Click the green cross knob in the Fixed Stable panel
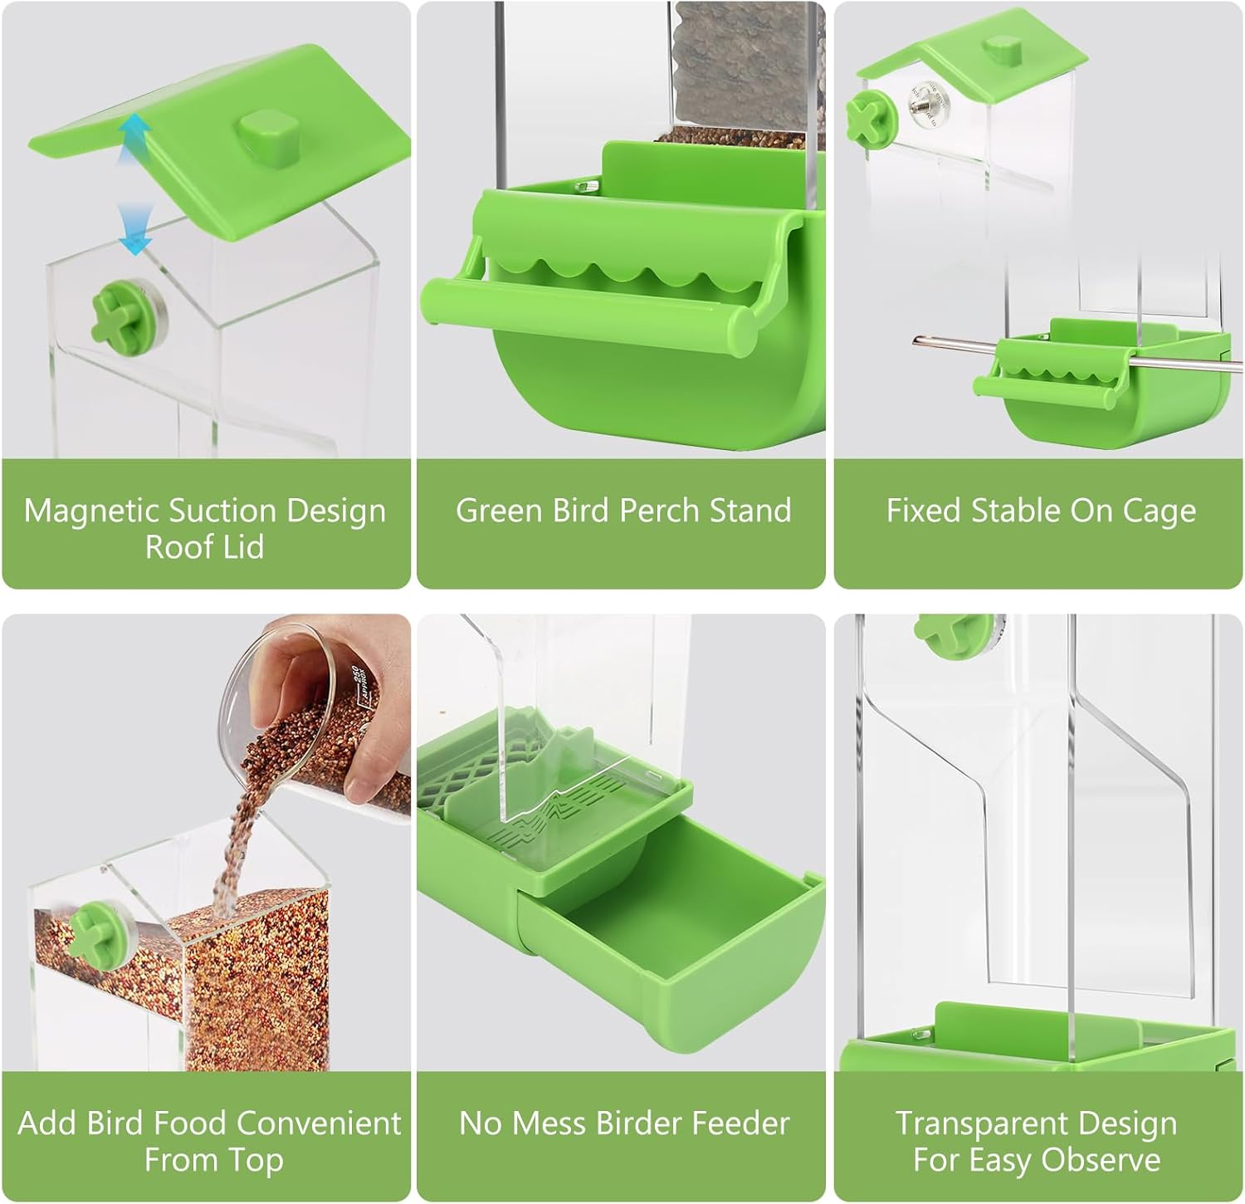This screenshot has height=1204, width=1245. (x=869, y=115)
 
